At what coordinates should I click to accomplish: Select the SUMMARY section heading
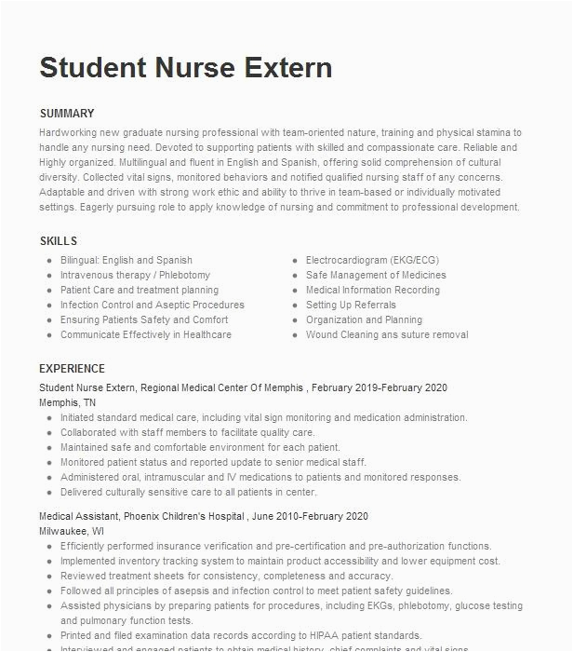click(66, 114)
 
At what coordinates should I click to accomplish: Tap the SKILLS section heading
click(58, 241)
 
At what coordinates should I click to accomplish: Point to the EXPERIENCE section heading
click(72, 368)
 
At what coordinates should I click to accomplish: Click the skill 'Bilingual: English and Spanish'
click(127, 261)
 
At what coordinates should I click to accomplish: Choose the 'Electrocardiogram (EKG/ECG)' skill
click(372, 261)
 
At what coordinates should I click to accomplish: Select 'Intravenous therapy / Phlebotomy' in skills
click(135, 276)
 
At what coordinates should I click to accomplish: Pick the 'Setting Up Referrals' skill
click(351, 306)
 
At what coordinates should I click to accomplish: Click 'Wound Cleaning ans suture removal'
click(387, 335)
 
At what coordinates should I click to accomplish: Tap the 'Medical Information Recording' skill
click(373, 291)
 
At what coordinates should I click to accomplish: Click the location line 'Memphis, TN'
click(67, 402)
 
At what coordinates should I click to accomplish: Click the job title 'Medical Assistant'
click(77, 516)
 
